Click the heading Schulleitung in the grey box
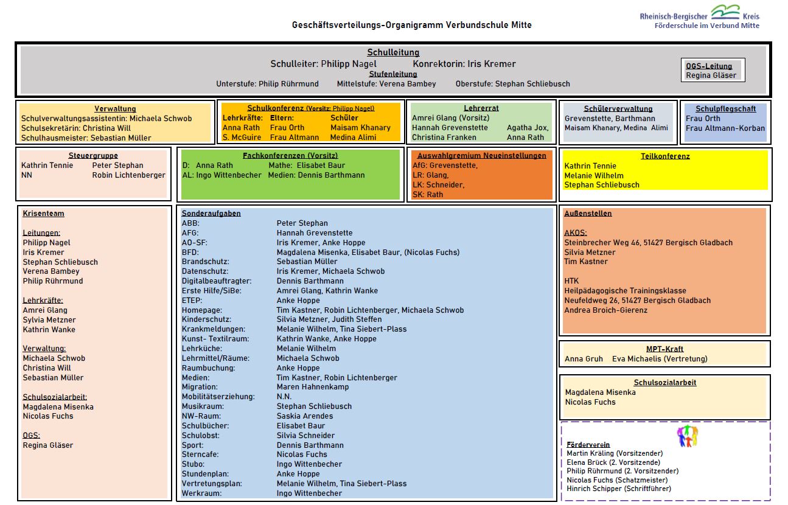coord(393,53)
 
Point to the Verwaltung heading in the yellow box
coord(115,109)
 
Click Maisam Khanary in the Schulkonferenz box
coord(360,128)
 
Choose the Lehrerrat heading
coord(481,108)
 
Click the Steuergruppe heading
coord(93,156)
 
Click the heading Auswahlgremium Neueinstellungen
coord(481,156)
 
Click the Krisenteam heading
coord(43,214)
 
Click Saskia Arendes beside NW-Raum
coord(304,416)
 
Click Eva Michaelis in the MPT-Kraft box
coord(660,359)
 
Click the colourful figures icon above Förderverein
coord(687,436)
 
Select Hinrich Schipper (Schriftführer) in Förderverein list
coord(619,489)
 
